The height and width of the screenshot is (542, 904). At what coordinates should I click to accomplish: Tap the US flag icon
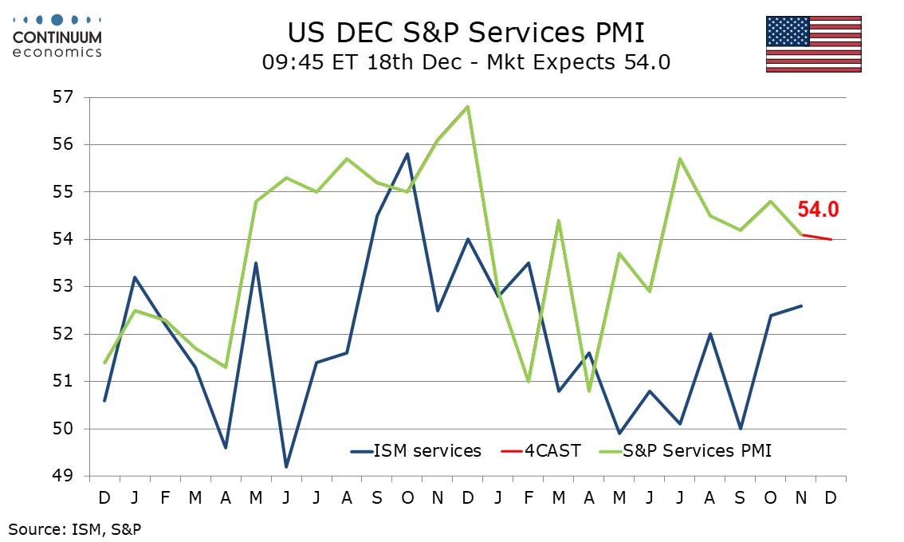tap(813, 44)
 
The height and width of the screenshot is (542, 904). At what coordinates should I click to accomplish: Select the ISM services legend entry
tap(416, 451)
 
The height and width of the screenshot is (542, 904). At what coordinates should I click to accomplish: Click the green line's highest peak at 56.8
tap(468, 106)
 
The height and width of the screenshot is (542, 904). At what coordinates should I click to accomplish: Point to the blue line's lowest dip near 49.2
tap(286, 466)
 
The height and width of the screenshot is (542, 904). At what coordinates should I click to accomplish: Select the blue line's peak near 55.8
tap(407, 154)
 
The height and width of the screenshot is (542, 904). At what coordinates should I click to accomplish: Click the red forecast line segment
tap(816, 237)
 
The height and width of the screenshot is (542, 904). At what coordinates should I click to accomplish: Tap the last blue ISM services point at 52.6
tap(801, 306)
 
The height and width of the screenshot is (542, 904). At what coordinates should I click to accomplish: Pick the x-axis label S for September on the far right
tap(741, 497)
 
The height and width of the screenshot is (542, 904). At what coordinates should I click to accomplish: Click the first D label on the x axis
tap(104, 497)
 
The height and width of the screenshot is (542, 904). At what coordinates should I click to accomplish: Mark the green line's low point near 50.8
tap(589, 391)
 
